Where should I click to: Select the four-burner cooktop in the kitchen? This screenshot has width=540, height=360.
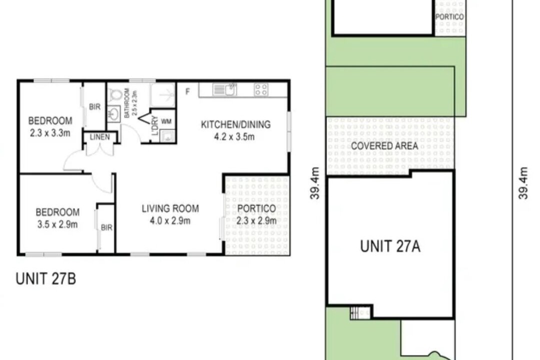pos(260,89)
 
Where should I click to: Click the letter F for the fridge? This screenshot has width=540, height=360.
pos(187,91)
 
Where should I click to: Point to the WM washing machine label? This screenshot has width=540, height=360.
pos(166,121)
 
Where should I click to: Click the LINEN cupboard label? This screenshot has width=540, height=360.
pos(100,137)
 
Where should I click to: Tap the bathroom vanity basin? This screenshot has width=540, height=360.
pos(113,113)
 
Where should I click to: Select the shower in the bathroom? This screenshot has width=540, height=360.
pos(163,94)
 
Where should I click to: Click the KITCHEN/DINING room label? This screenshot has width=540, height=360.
pos(235,124)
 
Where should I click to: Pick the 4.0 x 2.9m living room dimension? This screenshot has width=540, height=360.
pos(170,220)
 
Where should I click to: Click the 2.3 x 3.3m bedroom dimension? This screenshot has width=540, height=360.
pos(50,132)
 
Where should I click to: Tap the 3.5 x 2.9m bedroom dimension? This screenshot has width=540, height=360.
pos(57,224)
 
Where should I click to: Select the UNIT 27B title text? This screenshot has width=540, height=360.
pos(46,278)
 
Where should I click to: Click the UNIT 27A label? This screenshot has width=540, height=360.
pos(390,246)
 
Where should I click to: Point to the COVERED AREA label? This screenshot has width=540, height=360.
pos(384,145)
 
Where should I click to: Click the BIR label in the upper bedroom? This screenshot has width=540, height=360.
pos(94,107)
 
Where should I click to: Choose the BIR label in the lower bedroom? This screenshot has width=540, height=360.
pos(106,227)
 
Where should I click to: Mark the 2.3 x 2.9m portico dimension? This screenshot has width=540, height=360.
pos(256,220)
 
